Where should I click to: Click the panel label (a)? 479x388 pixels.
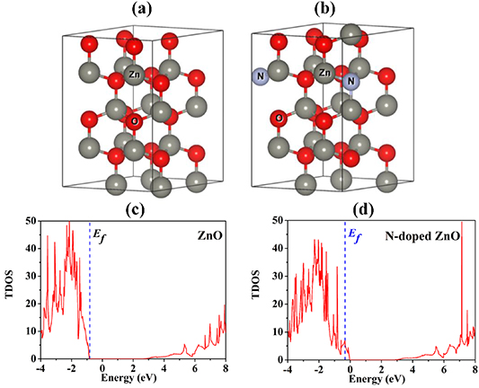point(128,11)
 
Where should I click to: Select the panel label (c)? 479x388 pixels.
point(127,211)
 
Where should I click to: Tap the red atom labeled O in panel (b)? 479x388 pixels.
point(280,117)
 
